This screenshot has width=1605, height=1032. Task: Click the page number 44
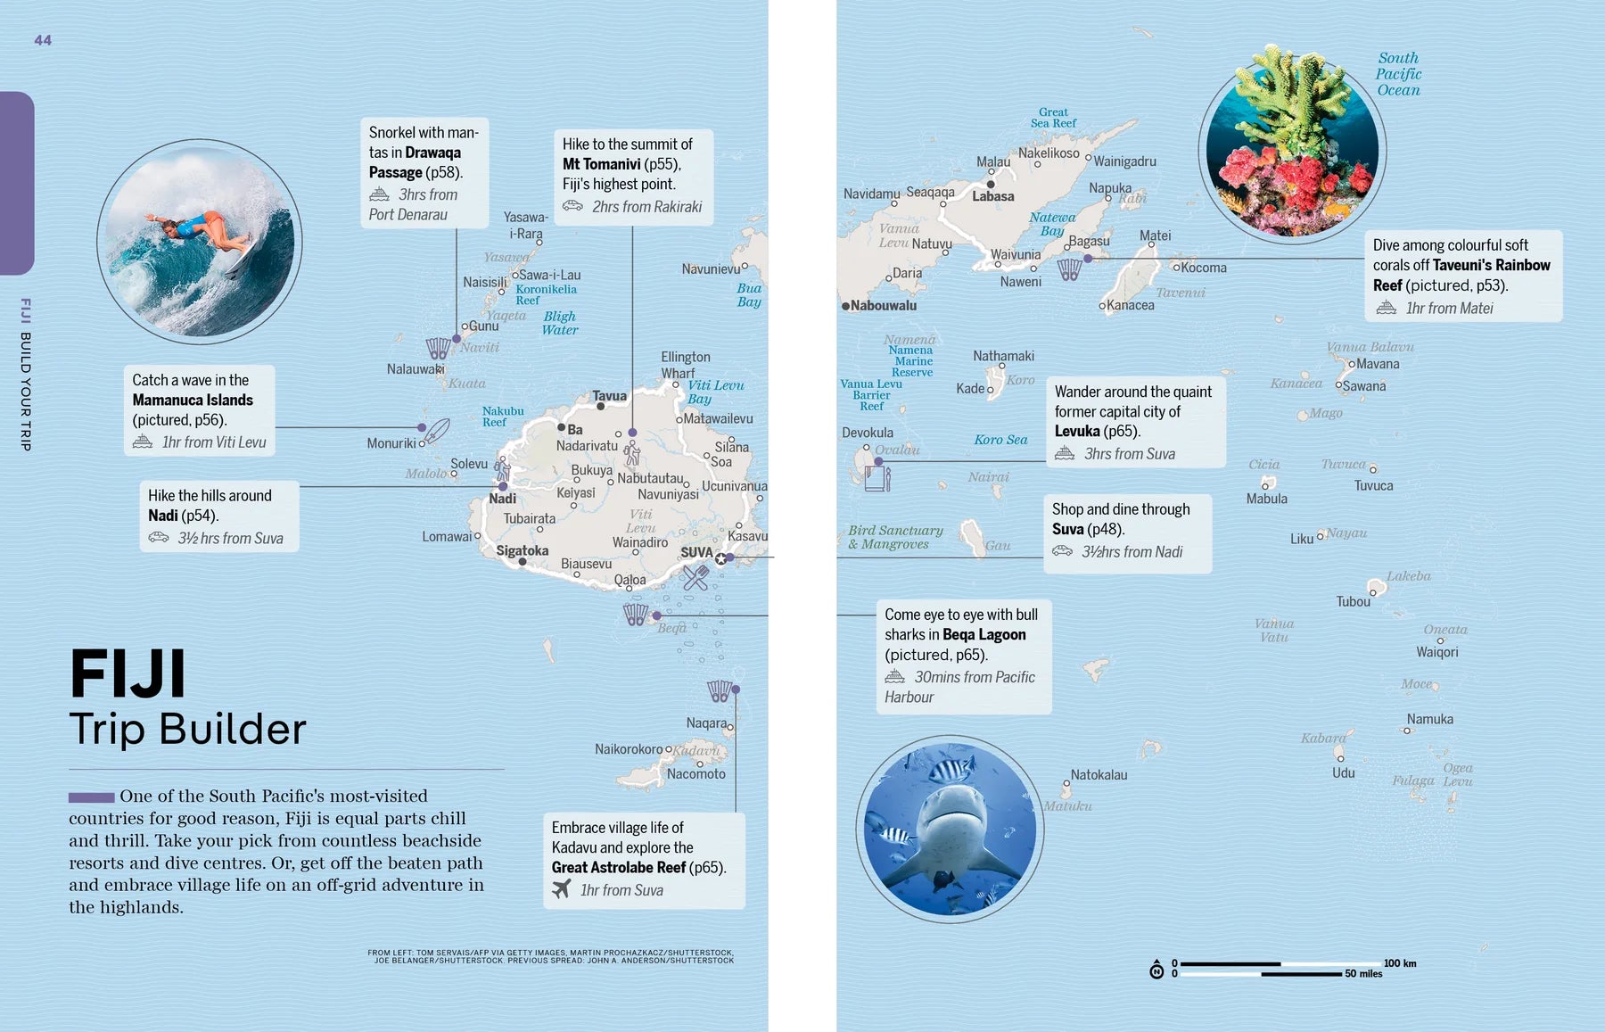coord(43,40)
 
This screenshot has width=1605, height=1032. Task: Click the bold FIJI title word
coord(128,674)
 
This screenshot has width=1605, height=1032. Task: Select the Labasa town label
coord(992,197)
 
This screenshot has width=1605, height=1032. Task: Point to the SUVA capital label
coord(696,552)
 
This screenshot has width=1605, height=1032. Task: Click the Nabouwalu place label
coord(883,306)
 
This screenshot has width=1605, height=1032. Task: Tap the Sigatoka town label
coord(522,550)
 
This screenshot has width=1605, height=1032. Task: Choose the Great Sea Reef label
coord(1053,118)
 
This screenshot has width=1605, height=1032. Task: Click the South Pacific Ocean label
coord(1398,74)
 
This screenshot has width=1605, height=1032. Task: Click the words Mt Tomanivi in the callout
coord(601,164)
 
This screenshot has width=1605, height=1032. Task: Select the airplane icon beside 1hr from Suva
coord(561,889)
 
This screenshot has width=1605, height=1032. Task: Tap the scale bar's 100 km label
coord(1399,963)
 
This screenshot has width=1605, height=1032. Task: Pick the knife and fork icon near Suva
coord(695,578)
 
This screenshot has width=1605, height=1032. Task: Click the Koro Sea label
coord(1000,440)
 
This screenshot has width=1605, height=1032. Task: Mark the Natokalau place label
coord(1099,775)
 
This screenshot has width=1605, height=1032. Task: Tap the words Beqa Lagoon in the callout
coord(984,635)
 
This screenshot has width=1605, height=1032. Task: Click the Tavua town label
coord(609,396)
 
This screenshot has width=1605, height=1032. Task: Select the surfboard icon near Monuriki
coord(437,432)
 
